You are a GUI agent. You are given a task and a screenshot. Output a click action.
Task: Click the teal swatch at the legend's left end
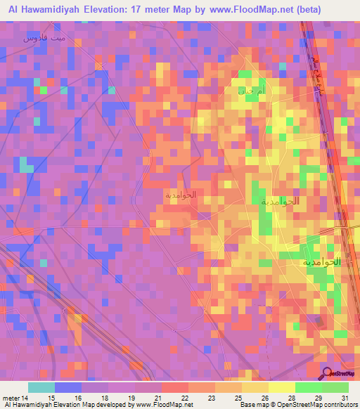(x=41, y=387)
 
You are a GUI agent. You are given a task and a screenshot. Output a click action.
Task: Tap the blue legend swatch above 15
(x=67, y=387)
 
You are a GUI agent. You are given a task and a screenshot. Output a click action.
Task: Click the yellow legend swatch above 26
(x=255, y=387)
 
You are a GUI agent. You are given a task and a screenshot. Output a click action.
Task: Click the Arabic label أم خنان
(x=247, y=91)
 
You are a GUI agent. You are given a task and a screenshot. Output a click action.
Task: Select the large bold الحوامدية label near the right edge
(x=321, y=261)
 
